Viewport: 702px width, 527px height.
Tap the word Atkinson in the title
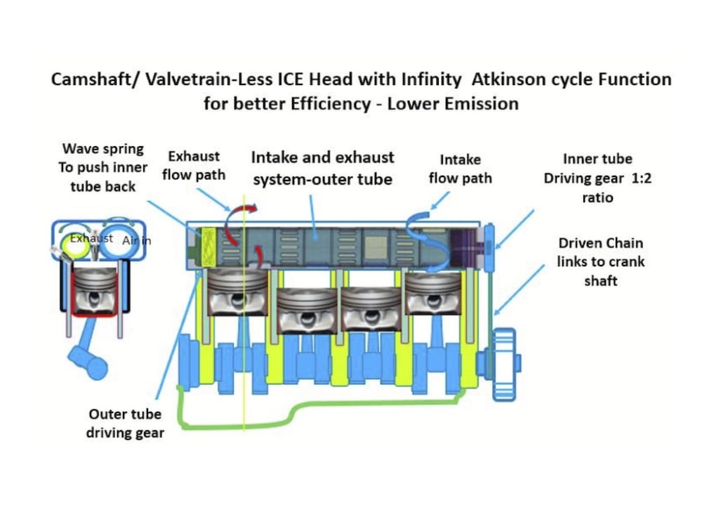coord(505,79)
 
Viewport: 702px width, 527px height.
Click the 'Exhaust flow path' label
coord(194,164)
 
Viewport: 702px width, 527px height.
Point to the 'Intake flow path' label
coord(460,169)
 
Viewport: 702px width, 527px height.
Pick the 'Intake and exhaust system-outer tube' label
coord(322,168)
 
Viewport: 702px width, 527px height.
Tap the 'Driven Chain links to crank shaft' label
coord(600,261)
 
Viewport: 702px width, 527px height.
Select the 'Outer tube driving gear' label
coord(125,423)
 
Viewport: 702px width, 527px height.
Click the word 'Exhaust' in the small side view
coord(91,238)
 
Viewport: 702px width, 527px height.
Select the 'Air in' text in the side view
coord(136,240)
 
